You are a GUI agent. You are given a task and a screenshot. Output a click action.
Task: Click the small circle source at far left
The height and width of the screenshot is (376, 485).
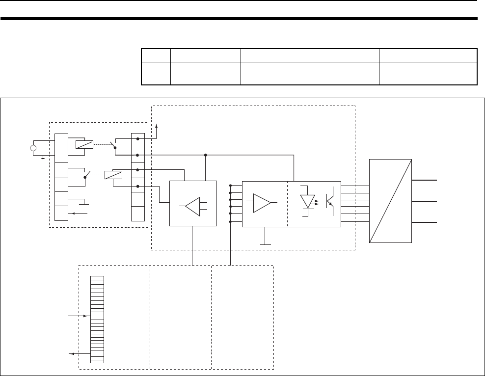click(33, 148)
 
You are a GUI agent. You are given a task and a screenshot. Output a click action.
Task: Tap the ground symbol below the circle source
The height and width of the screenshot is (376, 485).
click(43, 157)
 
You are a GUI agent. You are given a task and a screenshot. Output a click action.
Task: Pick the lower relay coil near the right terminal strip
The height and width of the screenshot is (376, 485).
click(114, 174)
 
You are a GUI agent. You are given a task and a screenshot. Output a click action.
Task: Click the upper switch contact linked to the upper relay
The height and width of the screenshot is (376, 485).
click(113, 145)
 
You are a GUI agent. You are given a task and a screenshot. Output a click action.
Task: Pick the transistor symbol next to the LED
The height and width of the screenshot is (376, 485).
click(331, 201)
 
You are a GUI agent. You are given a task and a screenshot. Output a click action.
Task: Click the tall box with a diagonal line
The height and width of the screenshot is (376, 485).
click(390, 201)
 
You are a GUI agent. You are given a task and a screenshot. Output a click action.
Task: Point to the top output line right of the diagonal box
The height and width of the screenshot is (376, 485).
click(424, 181)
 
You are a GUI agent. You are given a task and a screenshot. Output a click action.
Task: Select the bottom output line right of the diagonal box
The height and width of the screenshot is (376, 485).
click(424, 222)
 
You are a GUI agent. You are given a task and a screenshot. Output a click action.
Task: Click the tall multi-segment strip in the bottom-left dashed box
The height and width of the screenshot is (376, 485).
click(97, 319)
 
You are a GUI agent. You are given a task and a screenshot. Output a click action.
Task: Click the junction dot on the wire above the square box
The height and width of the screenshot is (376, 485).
click(205, 155)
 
